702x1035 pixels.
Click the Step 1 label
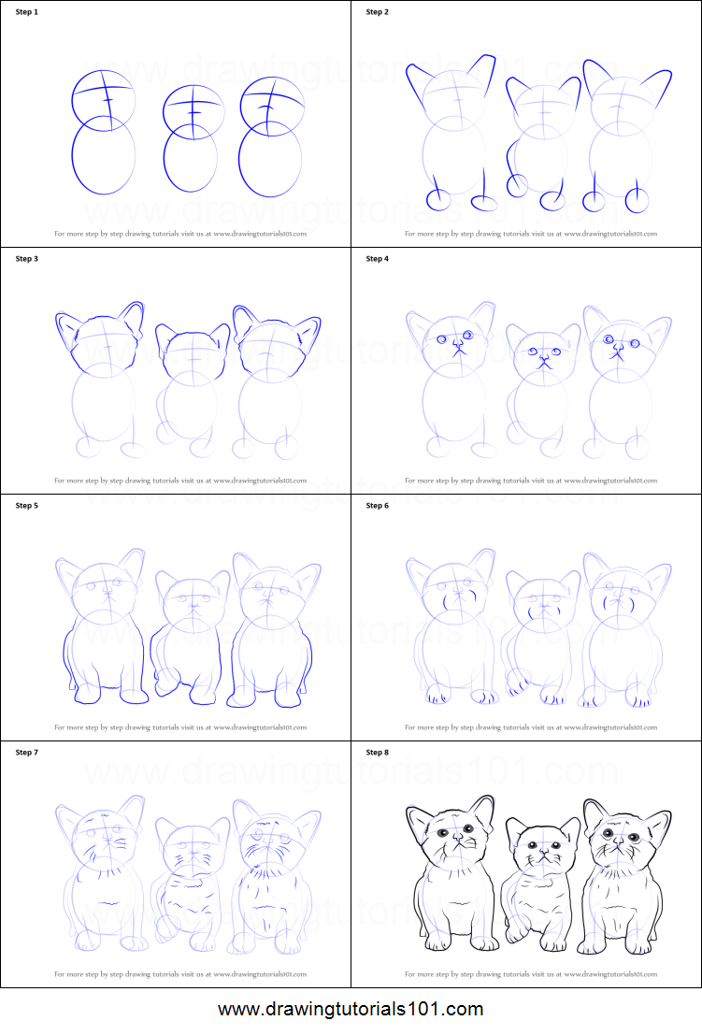[x=27, y=12]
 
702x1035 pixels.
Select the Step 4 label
[x=378, y=259]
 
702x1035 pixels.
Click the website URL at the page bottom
[x=351, y=1010]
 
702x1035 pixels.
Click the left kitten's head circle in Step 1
[x=103, y=99]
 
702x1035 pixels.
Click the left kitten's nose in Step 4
[x=456, y=346]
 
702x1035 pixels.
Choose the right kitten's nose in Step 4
[x=618, y=349]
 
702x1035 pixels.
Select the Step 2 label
[x=378, y=12]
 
